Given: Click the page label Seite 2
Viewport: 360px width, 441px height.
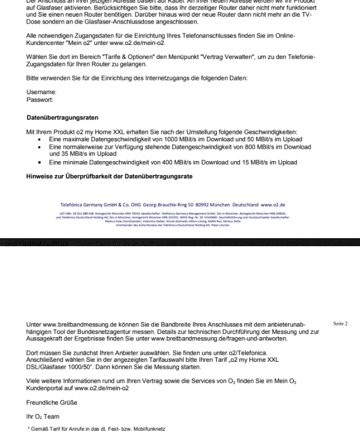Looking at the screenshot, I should (341, 324).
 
